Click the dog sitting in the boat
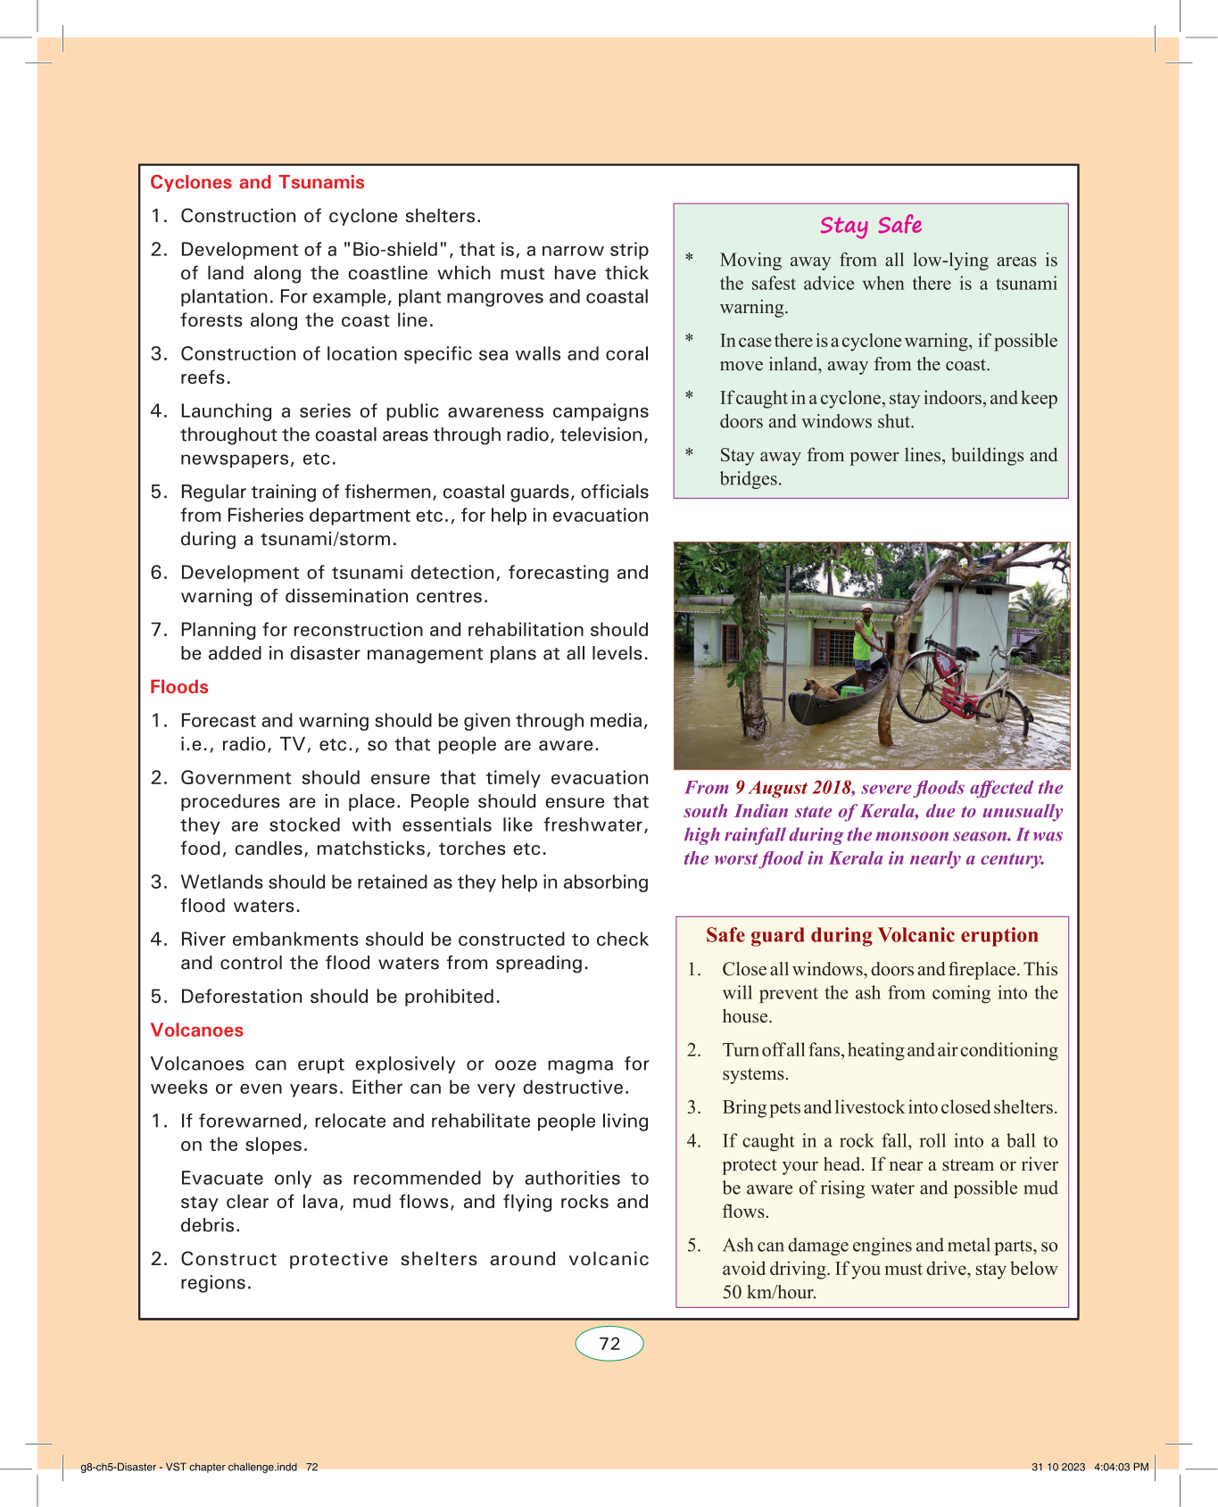820,689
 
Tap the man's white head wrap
866,608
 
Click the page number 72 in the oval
609,1344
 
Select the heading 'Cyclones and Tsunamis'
257,182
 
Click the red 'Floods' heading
179,687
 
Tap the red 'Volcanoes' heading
196,1030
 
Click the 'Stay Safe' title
871,226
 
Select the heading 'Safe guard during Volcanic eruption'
872,935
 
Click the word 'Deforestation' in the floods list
240,997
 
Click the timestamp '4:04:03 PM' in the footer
1122,1467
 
